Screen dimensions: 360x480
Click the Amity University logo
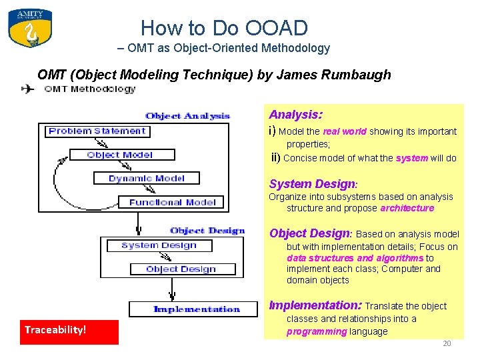click(x=30, y=28)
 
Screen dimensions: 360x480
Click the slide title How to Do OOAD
click(x=224, y=28)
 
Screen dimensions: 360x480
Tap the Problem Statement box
click(x=97, y=131)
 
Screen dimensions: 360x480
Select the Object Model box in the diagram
click(x=120, y=155)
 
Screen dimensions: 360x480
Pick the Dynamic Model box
click(x=146, y=178)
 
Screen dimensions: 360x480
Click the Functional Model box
click(x=172, y=201)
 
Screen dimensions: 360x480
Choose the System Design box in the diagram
click(x=158, y=245)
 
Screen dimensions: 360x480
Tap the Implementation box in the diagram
click(x=193, y=309)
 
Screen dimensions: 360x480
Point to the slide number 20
click(x=447, y=343)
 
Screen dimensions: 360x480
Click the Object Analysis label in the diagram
click(x=187, y=116)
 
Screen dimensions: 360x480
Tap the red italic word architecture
click(x=407, y=208)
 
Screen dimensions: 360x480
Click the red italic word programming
click(x=317, y=331)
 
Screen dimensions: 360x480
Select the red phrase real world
click(x=345, y=131)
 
